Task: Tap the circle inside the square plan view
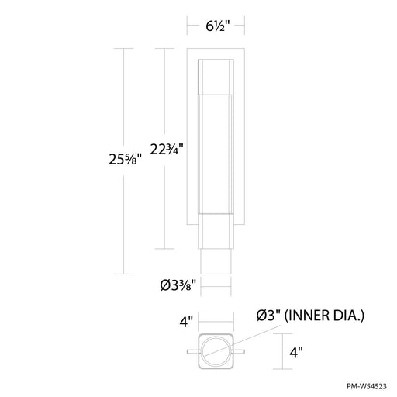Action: click(216, 350)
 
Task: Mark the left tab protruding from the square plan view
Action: click(192, 350)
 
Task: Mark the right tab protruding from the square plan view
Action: click(241, 350)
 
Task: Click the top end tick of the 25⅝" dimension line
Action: click(125, 48)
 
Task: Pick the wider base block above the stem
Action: click(216, 231)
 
